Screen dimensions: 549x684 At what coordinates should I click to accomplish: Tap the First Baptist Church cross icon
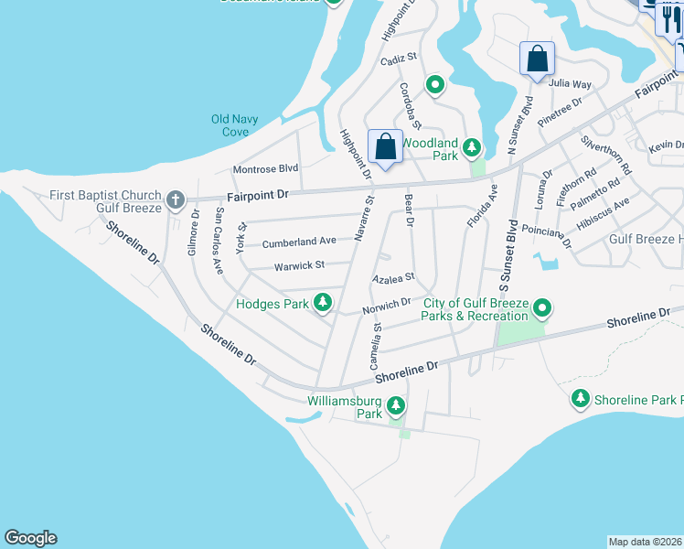tap(176, 199)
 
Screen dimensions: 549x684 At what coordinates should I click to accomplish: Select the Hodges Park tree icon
tap(322, 303)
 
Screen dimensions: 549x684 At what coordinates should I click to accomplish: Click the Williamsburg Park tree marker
tap(395, 405)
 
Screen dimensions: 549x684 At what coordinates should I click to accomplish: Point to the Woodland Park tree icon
tap(471, 147)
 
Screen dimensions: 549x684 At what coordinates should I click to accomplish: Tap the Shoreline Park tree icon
tap(580, 399)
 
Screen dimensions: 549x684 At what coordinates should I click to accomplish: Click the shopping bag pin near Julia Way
tap(537, 59)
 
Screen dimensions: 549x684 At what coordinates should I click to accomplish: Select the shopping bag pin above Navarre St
tap(385, 146)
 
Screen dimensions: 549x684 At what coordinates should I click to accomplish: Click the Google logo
tap(30, 538)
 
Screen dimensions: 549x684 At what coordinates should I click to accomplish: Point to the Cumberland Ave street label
tap(299, 243)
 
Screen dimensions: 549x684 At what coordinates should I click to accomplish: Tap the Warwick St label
tap(299, 266)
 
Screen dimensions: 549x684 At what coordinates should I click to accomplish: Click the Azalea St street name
tap(393, 277)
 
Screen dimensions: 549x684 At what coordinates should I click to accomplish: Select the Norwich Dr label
tap(386, 305)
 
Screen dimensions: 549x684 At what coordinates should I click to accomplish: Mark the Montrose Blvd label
tap(265, 169)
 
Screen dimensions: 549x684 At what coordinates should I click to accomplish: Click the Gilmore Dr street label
tap(195, 234)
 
